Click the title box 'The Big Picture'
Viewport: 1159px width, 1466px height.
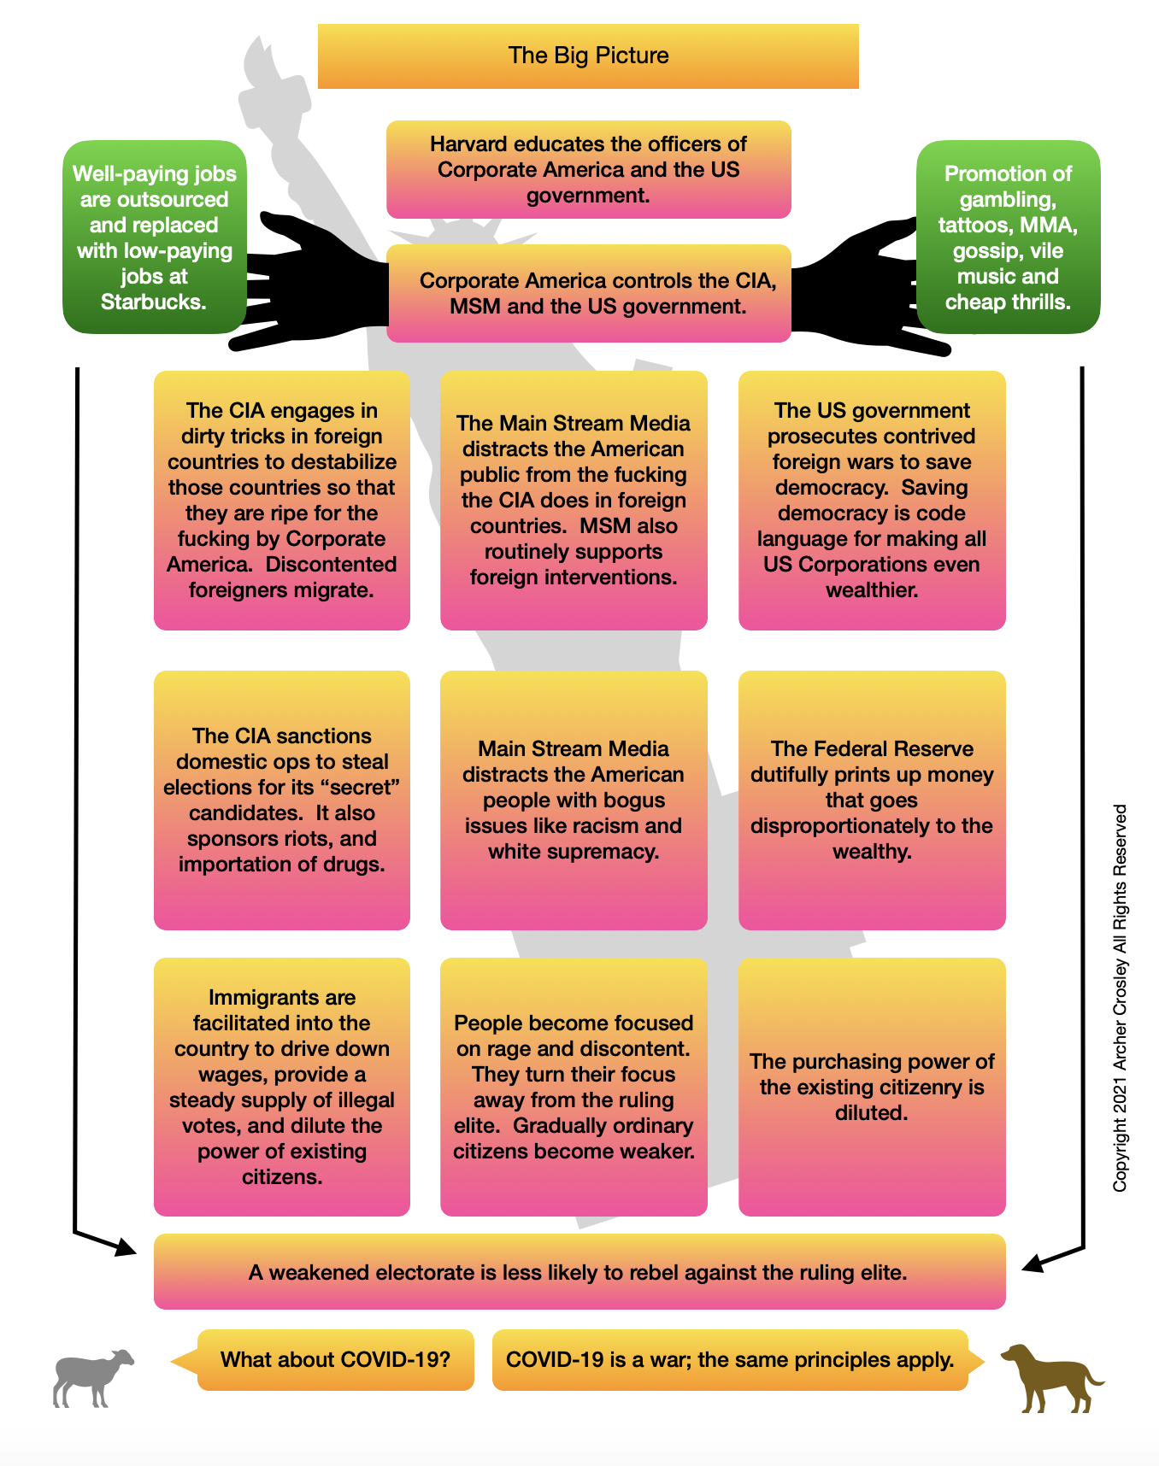coord(588,56)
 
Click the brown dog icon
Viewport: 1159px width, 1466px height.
coord(1050,1377)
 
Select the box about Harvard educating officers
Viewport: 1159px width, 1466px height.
coord(588,169)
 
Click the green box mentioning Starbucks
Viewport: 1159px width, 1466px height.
coord(155,237)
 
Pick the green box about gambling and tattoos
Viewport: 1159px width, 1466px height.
coord(1008,237)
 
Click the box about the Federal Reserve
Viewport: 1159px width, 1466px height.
coord(872,800)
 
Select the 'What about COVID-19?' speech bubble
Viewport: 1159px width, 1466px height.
coord(335,1359)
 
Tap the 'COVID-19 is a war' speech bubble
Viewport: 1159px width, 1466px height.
coord(730,1359)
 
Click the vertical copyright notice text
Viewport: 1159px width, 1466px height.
coord(1120,998)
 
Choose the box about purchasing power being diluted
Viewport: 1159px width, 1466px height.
coord(872,1087)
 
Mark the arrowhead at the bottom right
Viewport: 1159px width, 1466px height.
coord(1033,1263)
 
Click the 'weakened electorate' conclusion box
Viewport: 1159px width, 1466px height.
coord(579,1272)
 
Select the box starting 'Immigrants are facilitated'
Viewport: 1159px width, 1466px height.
coord(282,1087)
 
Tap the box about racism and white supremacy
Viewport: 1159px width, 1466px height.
coord(574,800)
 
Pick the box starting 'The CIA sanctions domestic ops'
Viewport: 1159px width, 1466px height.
coord(282,800)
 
